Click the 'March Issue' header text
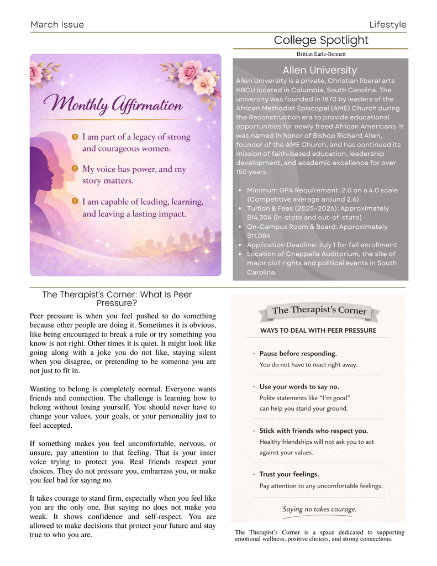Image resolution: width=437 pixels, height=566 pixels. click(57, 24)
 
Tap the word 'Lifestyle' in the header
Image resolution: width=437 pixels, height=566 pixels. click(388, 24)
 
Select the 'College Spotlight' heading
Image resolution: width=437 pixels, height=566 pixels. click(320, 40)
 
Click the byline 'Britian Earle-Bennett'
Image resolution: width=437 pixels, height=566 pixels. click(321, 54)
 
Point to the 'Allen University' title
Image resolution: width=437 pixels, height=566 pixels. click(319, 70)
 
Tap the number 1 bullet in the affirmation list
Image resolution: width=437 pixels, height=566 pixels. click(75, 136)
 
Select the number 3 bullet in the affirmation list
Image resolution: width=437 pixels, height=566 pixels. click(75, 201)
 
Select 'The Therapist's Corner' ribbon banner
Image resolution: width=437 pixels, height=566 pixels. click(319, 311)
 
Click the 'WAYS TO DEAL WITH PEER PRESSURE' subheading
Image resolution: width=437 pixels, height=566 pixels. click(318, 331)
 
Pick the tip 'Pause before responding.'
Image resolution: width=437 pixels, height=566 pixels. click(298, 353)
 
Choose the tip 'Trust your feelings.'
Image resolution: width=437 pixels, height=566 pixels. click(289, 474)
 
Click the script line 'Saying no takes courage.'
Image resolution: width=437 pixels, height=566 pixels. click(319, 509)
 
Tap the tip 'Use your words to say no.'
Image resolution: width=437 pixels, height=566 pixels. click(299, 386)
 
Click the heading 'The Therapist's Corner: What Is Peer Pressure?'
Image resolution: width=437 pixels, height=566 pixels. click(117, 299)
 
